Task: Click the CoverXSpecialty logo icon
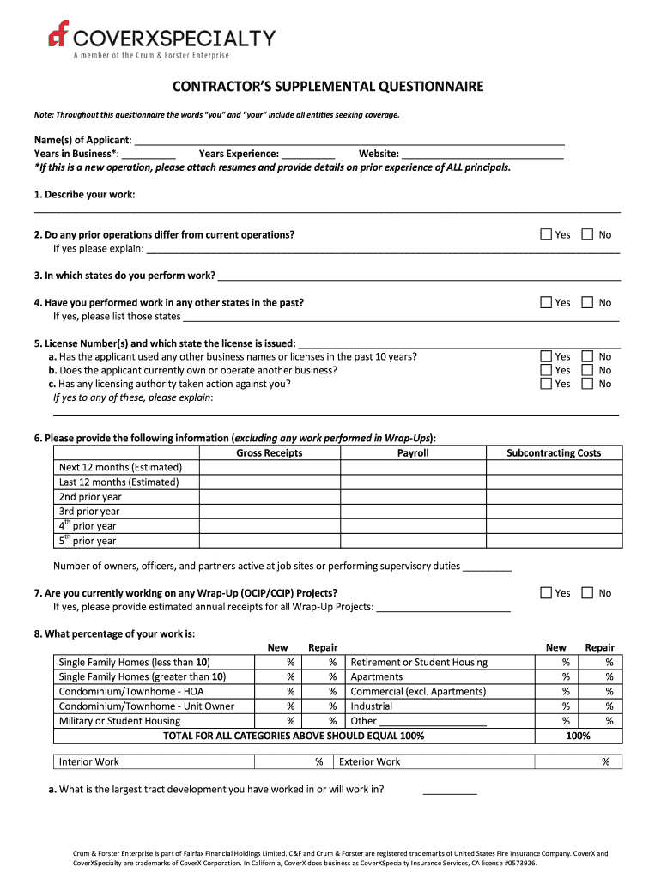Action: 59,34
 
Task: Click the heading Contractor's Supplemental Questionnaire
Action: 329,87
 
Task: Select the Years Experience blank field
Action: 308,154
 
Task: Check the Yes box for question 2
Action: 546,234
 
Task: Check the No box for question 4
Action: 588,302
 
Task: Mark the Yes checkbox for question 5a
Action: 546,356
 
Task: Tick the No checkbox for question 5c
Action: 588,384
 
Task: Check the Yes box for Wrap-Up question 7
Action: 546,593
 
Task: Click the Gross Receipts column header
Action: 270,453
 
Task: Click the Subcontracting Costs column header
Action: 554,453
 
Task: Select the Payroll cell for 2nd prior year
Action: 412,497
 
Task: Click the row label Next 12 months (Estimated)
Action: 120,468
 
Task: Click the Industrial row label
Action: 372,706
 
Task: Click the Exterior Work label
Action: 370,762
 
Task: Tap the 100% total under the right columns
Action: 578,737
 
